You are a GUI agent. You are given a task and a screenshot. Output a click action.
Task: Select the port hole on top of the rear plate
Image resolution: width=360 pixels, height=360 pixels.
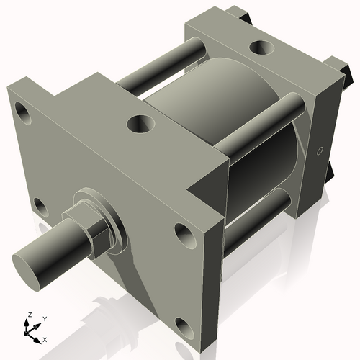(258, 50)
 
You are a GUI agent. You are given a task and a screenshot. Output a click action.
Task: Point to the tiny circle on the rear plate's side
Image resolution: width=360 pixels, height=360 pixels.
(318, 151)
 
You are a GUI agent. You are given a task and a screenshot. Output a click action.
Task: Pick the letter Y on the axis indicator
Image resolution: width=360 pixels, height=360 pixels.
(44, 318)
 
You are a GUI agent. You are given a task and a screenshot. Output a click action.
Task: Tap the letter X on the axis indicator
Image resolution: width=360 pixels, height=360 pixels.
(45, 338)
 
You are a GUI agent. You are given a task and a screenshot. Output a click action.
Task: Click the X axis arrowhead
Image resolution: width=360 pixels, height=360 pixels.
(38, 336)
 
